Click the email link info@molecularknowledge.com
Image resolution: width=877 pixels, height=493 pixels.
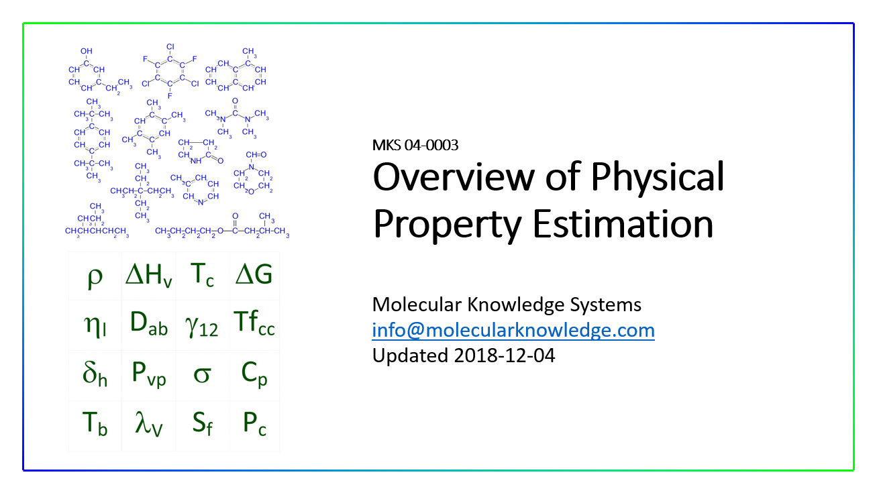pos(513,330)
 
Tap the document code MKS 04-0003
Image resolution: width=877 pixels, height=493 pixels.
pos(415,145)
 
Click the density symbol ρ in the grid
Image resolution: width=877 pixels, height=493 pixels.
pos(95,276)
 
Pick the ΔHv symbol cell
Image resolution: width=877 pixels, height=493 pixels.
pos(149,276)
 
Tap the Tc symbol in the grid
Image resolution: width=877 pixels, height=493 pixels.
pos(202,276)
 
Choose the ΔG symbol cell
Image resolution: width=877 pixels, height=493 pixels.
pos(254,276)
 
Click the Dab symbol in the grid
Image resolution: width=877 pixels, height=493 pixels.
pos(149,325)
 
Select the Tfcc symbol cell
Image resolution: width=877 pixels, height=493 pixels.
pos(254,325)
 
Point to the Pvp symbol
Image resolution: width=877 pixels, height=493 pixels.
pos(149,376)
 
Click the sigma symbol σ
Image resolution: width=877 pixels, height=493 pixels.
pos(202,376)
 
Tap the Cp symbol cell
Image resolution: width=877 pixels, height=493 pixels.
pos(254,376)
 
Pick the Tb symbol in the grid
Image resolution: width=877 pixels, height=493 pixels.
pos(95,425)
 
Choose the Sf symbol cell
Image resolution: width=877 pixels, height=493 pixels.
pos(202,425)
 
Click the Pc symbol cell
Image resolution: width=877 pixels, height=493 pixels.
pos(254,425)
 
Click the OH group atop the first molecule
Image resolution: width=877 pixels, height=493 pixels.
pos(87,51)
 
